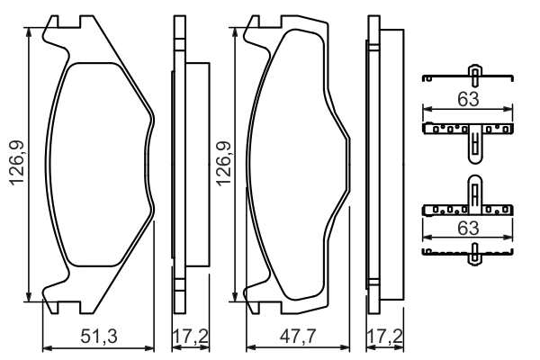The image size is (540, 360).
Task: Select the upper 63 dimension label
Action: tap(466, 99)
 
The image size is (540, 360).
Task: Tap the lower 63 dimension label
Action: tap(466, 229)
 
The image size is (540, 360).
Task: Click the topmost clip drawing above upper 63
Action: tap(469, 76)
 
